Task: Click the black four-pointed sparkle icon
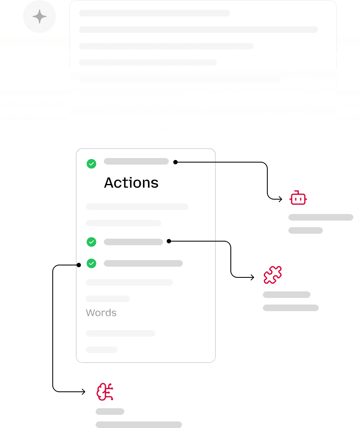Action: click(40, 17)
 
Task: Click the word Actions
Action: click(131, 183)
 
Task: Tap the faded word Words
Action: click(101, 313)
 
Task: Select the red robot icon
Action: click(298, 198)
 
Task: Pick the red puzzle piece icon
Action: click(273, 275)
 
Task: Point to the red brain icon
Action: click(105, 392)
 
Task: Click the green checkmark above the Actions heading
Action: click(91, 164)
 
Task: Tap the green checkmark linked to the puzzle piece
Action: click(91, 242)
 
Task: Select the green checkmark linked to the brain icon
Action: click(91, 263)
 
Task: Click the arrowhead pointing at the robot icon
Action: click(281, 199)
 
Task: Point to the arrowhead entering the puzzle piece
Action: click(252, 277)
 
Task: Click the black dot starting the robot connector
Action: click(175, 163)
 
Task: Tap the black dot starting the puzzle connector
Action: click(169, 241)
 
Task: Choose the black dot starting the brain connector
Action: click(79, 265)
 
